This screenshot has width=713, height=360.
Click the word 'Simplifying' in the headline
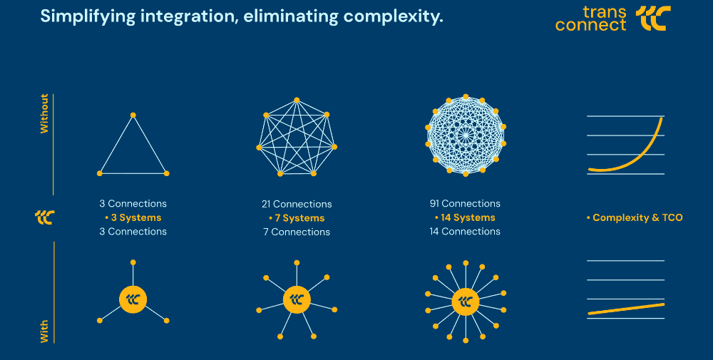88,17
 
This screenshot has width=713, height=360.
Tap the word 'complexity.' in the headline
394,17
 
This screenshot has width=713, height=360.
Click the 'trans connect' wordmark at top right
590,19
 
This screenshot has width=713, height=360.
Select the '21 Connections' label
297,204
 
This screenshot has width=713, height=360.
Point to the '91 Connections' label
465,204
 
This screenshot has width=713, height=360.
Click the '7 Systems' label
297,218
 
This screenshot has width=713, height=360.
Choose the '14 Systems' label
465,217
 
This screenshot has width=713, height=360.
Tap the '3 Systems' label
133,217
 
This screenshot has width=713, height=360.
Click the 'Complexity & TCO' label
635,217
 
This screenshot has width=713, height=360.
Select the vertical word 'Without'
44,113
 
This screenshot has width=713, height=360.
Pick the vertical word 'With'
44,331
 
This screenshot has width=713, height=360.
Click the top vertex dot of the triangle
133,115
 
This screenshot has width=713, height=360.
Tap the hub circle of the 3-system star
133,299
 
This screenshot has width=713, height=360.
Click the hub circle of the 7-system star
297,299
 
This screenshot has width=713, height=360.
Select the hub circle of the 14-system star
466,302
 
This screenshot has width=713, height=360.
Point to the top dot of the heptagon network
297,100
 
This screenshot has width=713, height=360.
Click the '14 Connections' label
465,232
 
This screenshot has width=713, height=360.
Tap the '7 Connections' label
297,232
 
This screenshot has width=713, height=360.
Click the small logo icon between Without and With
44,217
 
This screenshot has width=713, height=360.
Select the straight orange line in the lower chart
626,309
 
